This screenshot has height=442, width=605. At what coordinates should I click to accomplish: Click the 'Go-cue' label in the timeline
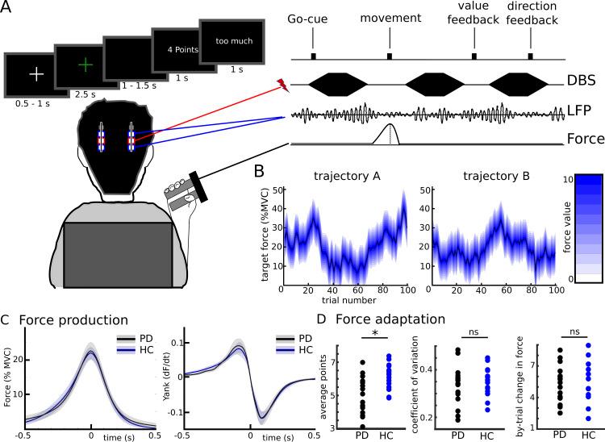click(311, 18)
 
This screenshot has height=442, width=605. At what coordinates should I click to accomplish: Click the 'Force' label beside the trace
click(583, 140)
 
